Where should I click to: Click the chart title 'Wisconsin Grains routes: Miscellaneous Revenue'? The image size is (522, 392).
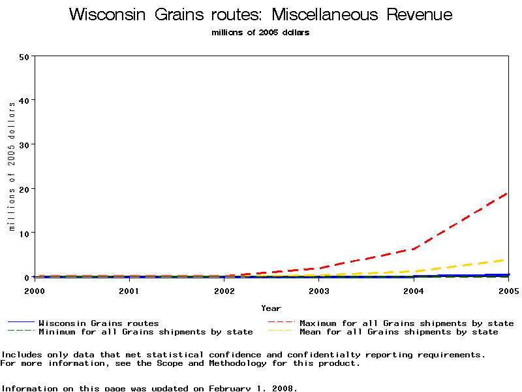(260, 15)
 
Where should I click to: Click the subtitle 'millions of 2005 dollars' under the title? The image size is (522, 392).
(260, 33)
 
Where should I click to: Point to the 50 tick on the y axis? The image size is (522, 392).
(25, 56)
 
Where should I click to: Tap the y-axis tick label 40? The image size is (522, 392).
(25, 100)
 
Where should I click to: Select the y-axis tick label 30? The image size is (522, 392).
(25, 144)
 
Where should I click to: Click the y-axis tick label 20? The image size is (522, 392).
(25, 189)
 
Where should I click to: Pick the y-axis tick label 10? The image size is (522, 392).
(25, 233)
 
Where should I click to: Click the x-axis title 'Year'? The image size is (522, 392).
(271, 308)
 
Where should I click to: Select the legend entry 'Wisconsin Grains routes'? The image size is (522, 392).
(99, 323)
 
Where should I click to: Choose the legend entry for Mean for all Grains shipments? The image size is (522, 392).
(399, 332)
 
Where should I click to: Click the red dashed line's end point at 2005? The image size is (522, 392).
(508, 193)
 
